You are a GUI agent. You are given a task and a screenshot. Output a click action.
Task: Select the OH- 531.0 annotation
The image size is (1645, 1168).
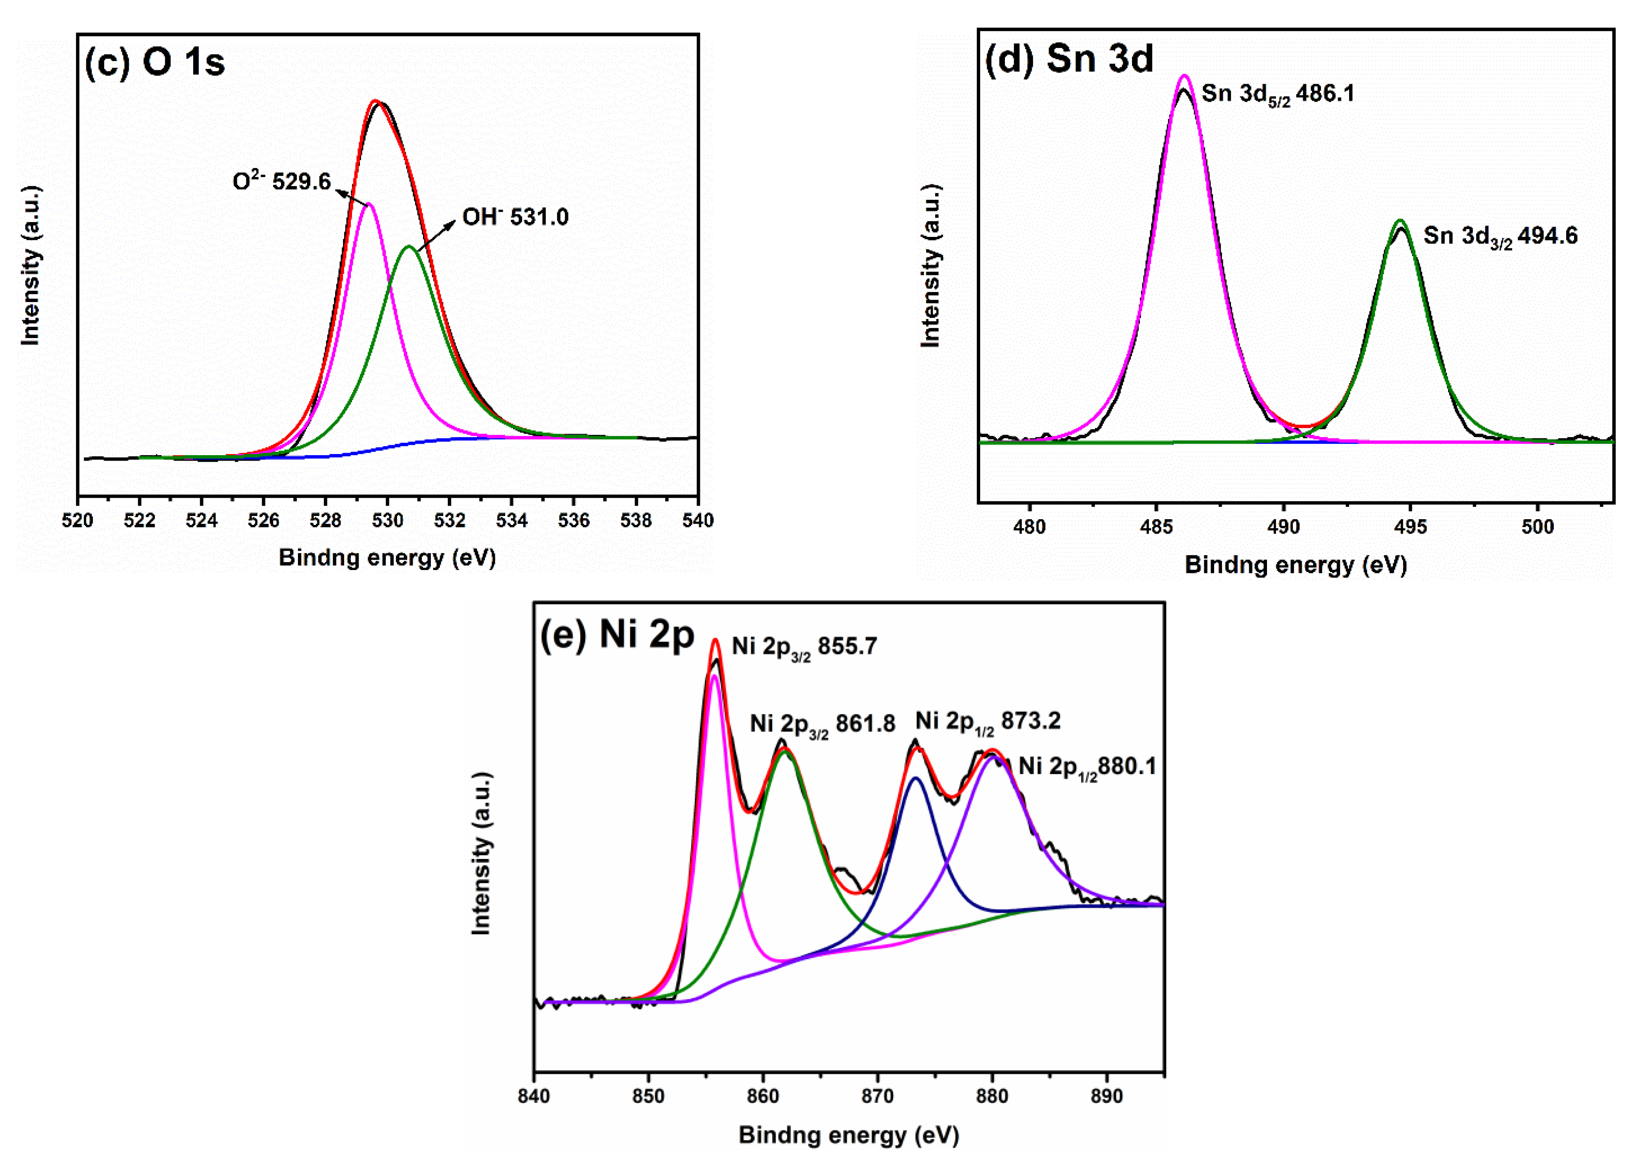tap(515, 217)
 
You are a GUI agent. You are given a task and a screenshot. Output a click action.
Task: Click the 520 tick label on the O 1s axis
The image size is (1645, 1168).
tap(78, 520)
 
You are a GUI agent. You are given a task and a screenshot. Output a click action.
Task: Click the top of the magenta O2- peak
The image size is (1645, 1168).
tap(369, 204)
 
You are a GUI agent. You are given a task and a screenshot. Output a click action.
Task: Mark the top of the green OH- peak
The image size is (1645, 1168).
tap(409, 247)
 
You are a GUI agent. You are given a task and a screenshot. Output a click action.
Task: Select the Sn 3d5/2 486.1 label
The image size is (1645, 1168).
tap(1278, 94)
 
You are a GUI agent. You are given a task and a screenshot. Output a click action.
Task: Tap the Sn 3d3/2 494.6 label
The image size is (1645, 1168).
tap(1501, 236)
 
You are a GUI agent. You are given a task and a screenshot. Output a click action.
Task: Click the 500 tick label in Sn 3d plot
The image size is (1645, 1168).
tap(1537, 527)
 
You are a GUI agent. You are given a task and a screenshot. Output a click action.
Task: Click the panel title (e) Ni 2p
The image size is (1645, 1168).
tap(617, 634)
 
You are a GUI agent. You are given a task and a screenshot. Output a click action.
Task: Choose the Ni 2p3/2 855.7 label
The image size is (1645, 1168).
tap(804, 647)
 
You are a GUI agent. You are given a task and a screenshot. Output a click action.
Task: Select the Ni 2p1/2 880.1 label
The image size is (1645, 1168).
tap(1087, 767)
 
